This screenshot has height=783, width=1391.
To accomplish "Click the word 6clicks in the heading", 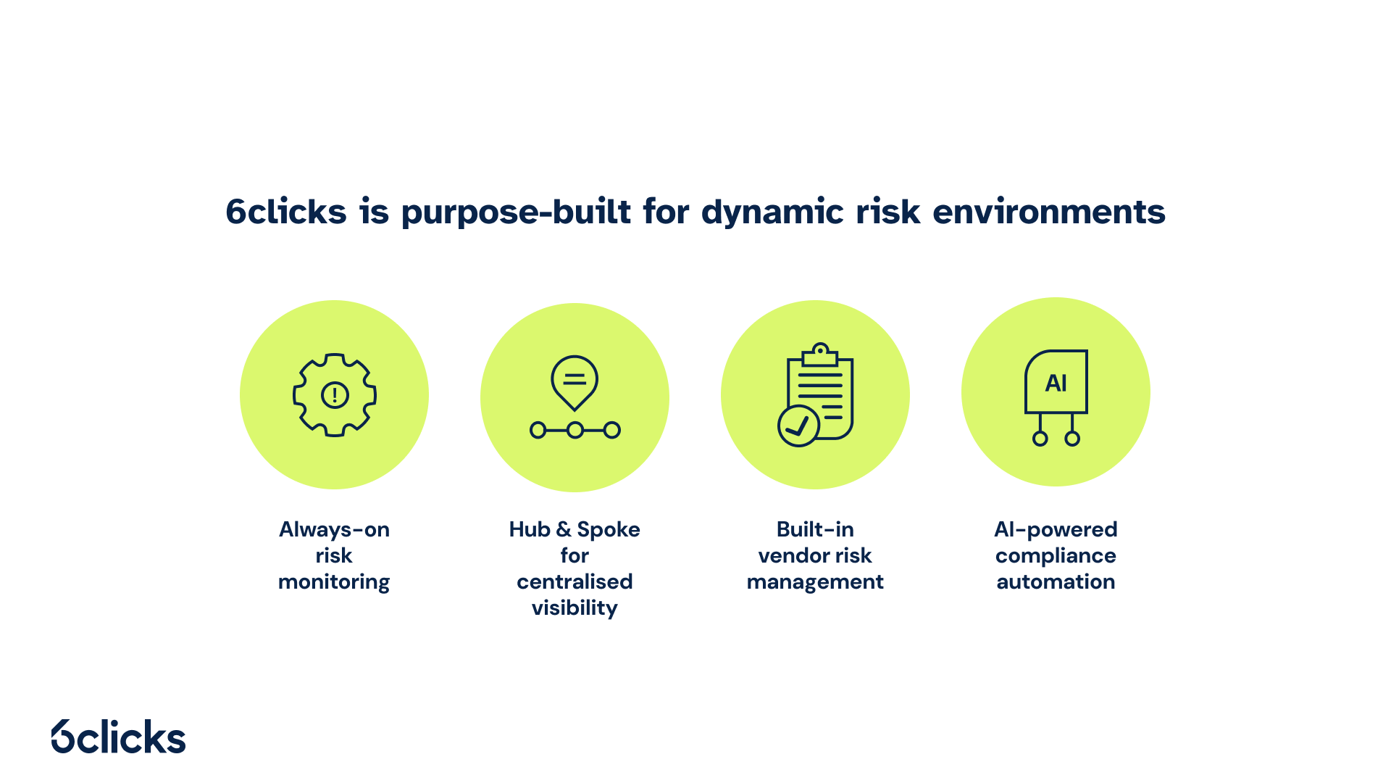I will pyautogui.click(x=286, y=212).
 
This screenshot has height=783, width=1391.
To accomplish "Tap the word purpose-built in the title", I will pyautogui.click(x=516, y=212).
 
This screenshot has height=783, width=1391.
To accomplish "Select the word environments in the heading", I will pyautogui.click(x=1048, y=212).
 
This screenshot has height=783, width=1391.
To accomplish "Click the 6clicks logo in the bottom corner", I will pyautogui.click(x=119, y=737).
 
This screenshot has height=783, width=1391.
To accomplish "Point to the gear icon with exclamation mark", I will pyautogui.click(x=334, y=395).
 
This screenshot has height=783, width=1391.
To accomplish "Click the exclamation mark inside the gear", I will pyautogui.click(x=335, y=395).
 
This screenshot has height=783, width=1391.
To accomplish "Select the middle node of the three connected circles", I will pyautogui.click(x=575, y=431).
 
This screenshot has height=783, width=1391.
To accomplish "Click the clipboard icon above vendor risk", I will pyautogui.click(x=820, y=391).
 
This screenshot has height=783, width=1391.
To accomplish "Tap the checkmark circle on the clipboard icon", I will pyautogui.click(x=798, y=426).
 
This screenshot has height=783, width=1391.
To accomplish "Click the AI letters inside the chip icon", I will pyautogui.click(x=1056, y=383).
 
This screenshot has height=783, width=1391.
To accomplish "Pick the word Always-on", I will pyautogui.click(x=334, y=529).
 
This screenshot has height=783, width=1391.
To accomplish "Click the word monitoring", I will pyautogui.click(x=334, y=582).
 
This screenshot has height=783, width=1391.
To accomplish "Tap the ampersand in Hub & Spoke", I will pyautogui.click(x=564, y=529).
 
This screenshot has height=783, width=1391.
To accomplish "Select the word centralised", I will pyautogui.click(x=575, y=581).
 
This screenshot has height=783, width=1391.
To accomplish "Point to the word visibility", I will pyautogui.click(x=575, y=608).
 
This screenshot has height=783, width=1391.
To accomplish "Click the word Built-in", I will pyautogui.click(x=815, y=529).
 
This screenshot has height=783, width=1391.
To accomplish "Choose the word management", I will pyautogui.click(x=815, y=582).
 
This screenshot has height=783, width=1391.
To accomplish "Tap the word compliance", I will pyautogui.click(x=1056, y=556).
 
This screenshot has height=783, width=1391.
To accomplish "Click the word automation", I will pyautogui.click(x=1056, y=581).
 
